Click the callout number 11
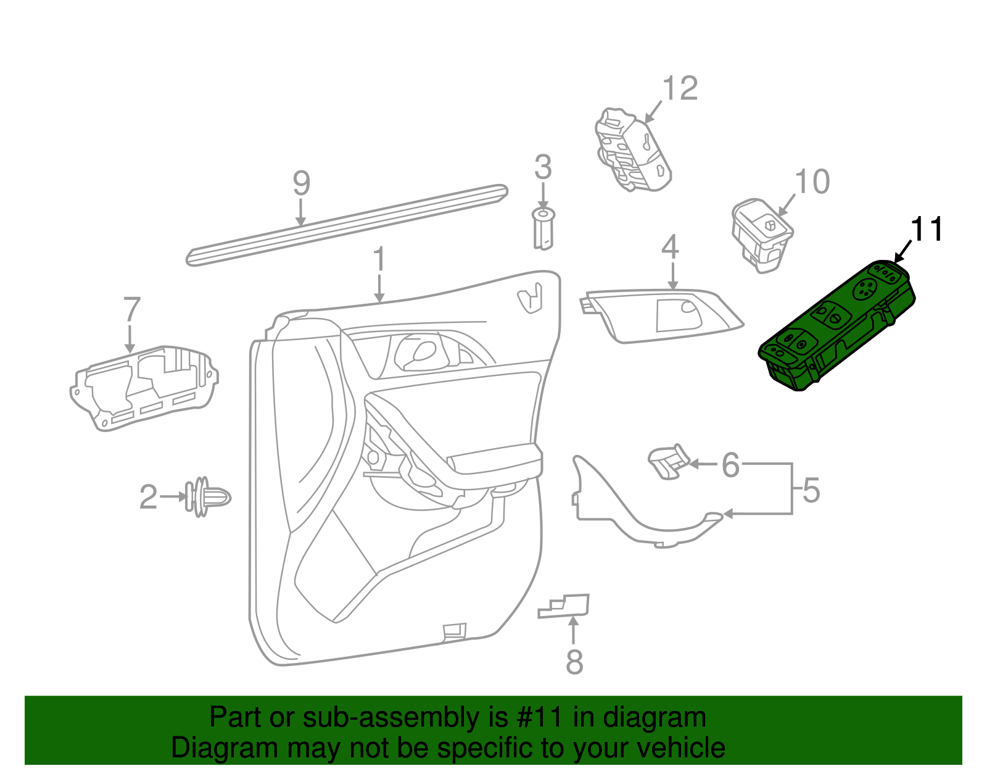927,230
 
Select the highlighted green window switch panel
837,327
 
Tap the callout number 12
680,89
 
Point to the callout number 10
812,182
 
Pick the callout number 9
301,183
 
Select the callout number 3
543,167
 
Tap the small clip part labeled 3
543,228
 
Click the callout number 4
671,248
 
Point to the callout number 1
379,259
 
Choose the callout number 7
132,310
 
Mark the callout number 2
148,498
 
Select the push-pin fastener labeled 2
207,496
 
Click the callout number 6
730,465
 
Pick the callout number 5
811,490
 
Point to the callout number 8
574,662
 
